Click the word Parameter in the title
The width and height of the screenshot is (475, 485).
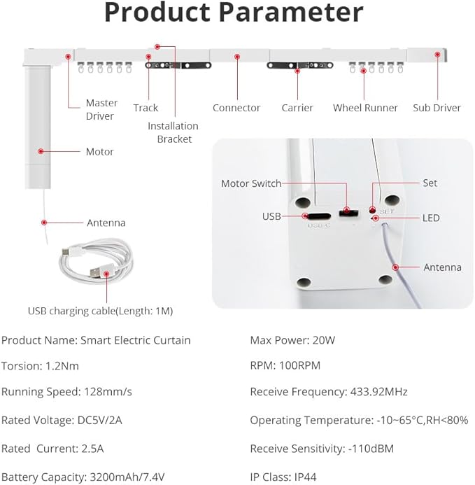click(x=291, y=13)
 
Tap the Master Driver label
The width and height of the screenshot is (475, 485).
click(x=101, y=109)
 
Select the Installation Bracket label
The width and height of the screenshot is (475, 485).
click(x=173, y=132)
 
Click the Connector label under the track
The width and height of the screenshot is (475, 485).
click(x=236, y=108)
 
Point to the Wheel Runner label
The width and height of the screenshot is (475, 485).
click(x=365, y=108)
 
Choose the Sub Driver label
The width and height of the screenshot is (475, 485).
click(x=437, y=108)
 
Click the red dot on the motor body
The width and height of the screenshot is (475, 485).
click(x=41, y=151)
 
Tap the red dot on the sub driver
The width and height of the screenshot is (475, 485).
click(x=437, y=55)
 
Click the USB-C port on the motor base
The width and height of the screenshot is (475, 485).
click(x=319, y=216)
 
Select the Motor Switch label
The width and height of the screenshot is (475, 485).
click(x=251, y=183)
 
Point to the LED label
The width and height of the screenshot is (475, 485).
click(x=431, y=218)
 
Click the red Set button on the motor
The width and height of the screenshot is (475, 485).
click(x=373, y=211)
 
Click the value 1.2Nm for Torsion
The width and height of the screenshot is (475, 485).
click(x=62, y=366)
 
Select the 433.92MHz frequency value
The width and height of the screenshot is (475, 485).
click(x=379, y=392)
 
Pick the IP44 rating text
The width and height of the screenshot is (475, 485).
click(x=305, y=477)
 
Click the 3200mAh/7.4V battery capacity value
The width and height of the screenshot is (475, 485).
click(x=127, y=477)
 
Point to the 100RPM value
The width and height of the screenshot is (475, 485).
click(x=299, y=365)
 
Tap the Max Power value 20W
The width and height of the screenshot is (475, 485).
click(x=324, y=340)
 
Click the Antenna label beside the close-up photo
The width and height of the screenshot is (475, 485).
click(x=442, y=267)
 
